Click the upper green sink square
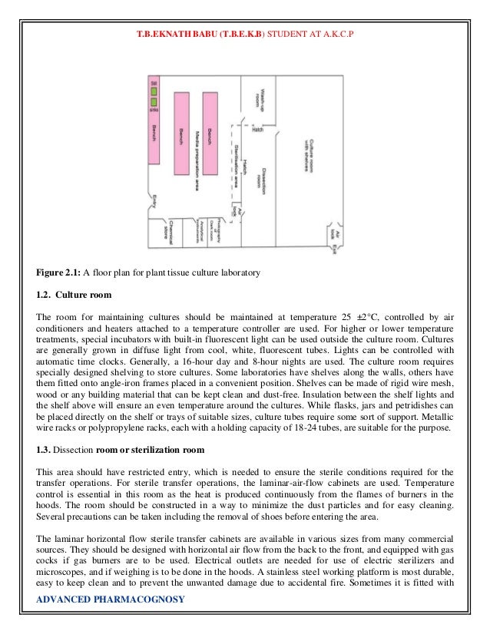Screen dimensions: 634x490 click(x=154, y=86)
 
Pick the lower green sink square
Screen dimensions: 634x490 click(x=154, y=101)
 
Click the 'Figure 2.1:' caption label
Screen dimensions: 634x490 click(x=58, y=272)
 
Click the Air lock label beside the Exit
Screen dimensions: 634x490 click(x=333, y=232)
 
